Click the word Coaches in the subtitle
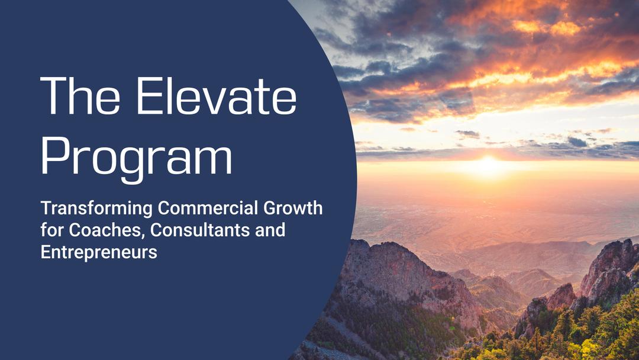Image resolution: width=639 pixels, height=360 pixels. tap(92, 230)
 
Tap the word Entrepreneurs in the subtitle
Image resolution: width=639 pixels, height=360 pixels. tap(99, 252)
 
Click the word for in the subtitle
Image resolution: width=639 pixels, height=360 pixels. tap(49, 230)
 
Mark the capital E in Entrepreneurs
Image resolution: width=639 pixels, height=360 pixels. tap(45, 252)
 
